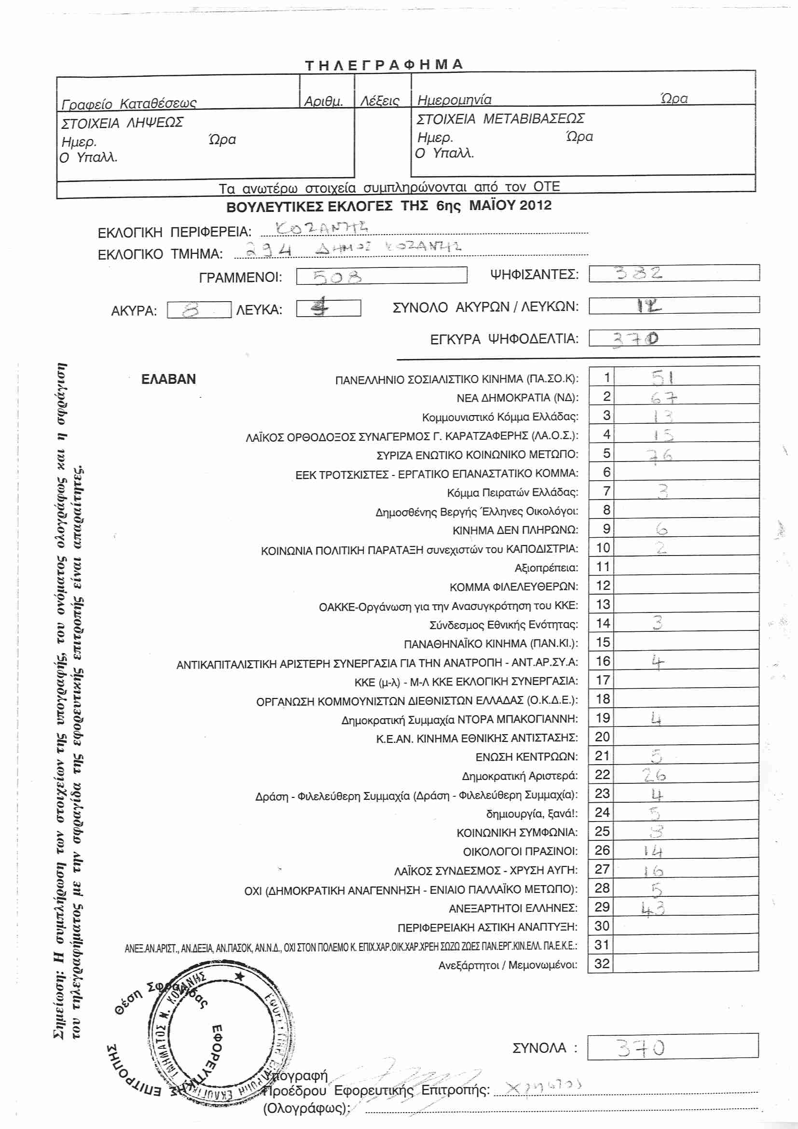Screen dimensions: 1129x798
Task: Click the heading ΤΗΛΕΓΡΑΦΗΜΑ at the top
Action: click(x=384, y=64)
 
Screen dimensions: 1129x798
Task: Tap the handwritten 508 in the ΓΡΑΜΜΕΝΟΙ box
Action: click(x=337, y=278)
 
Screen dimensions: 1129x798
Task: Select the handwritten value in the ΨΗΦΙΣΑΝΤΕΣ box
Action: click(x=639, y=273)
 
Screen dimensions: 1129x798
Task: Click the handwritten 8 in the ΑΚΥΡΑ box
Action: click(x=191, y=310)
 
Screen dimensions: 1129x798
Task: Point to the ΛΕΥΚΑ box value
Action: click(x=320, y=308)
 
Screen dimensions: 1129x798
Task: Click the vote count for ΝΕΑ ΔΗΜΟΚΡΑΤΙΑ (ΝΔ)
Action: click(x=663, y=397)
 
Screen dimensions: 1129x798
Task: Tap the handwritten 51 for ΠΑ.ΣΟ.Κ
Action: click(x=662, y=377)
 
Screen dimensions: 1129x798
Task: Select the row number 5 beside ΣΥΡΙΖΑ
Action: click(x=606, y=453)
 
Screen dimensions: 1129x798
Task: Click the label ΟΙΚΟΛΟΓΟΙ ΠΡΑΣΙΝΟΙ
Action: click(x=521, y=851)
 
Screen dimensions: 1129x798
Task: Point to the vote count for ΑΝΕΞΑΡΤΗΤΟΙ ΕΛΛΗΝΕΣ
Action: click(x=653, y=908)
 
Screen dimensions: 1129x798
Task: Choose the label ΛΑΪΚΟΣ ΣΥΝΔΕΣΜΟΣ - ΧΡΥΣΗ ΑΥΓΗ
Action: click(x=486, y=870)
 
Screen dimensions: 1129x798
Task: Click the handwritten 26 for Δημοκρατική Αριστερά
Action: click(x=654, y=776)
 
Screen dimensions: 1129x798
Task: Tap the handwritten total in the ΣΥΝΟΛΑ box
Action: click(x=641, y=1049)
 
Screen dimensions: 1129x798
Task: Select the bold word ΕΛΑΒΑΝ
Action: click(x=168, y=379)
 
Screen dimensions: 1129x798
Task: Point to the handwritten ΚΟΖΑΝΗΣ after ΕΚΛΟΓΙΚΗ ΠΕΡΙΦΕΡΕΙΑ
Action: click(x=321, y=228)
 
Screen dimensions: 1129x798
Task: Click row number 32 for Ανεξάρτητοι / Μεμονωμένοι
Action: click(x=602, y=964)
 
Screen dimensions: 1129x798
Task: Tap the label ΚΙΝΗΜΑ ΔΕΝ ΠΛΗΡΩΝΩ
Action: click(x=515, y=530)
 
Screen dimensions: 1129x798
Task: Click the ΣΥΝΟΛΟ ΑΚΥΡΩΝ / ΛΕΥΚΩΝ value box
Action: click(x=674, y=306)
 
